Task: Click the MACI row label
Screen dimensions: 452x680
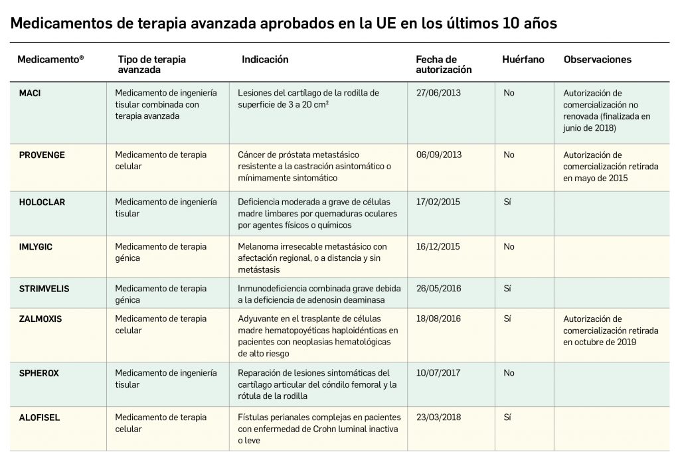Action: [30, 94]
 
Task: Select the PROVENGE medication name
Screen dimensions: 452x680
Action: [42, 155]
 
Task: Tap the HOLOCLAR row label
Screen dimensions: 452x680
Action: [42, 202]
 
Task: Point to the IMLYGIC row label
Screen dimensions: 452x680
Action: [36, 247]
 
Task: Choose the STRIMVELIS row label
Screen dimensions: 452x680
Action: [44, 289]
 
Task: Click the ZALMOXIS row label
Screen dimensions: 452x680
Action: [41, 319]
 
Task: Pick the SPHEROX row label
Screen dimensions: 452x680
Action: [39, 374]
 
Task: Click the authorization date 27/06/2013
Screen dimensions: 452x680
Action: [438, 94]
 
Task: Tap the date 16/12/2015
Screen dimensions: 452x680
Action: [438, 247]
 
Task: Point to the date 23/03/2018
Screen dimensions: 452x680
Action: [438, 417]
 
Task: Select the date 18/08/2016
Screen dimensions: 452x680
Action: [438, 319]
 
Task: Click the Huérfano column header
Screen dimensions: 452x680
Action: [523, 60]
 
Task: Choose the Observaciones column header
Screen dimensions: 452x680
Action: [597, 60]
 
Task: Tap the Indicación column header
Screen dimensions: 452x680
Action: [265, 60]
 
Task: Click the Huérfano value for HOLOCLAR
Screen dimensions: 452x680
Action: [507, 202]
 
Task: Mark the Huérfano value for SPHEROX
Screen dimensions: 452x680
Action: [509, 374]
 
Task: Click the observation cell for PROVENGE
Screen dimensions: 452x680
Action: [610, 167]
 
